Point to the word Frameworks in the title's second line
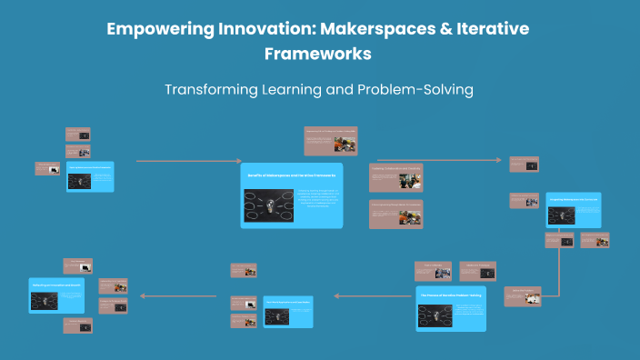pyautogui.click(x=318, y=54)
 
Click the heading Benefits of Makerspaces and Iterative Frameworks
pyautogui.click(x=292, y=174)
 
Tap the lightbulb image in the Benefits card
pyautogui.click(x=268, y=205)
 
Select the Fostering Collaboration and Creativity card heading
pyautogui.click(x=395, y=168)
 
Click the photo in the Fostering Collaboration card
pyautogui.click(x=410, y=180)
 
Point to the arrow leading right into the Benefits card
pyautogui.click(x=182, y=161)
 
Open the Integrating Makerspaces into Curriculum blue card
pyautogui.click(x=574, y=209)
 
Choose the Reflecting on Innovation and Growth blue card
pyautogui.click(x=56, y=295)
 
